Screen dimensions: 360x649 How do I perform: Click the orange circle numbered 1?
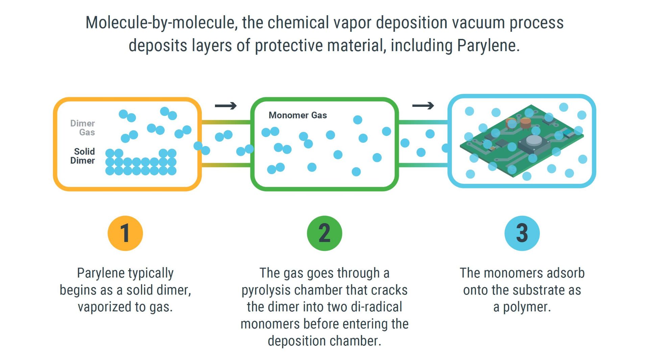pos(125,233)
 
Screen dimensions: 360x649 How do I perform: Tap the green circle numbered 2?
pos(324,233)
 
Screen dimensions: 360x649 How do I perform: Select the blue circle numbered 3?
pos(522,233)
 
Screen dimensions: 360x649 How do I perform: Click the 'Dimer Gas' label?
pos(83,128)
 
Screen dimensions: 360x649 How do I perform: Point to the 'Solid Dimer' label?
pos(83,156)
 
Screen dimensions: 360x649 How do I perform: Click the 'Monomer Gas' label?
pos(297,115)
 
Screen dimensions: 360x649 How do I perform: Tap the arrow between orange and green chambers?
pos(225,106)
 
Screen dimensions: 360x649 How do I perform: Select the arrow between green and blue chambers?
pos(423,106)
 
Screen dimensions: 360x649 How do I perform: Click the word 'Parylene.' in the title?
pos(488,46)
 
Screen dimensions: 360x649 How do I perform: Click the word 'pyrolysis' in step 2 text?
pos(267,290)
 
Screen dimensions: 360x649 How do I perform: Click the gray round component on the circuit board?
pos(534,140)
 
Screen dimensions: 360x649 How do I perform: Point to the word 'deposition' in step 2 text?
pos(293,341)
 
